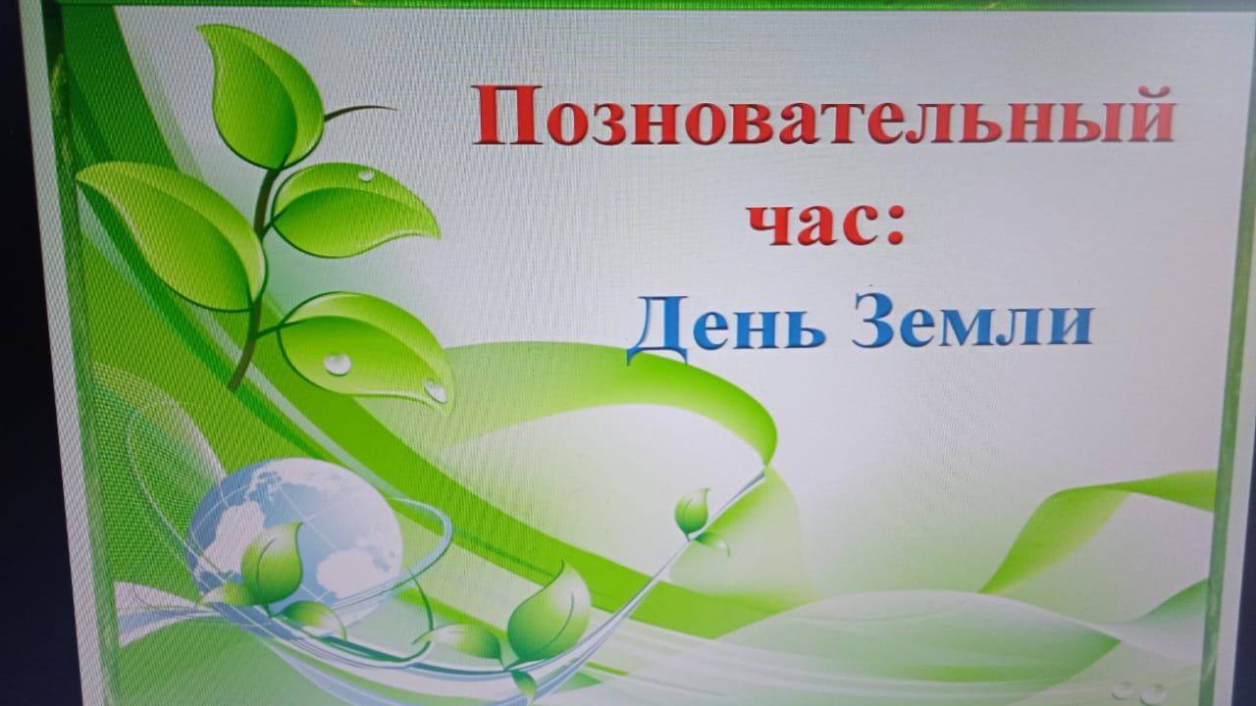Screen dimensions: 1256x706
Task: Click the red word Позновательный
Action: [822, 116]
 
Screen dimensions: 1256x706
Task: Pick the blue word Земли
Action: [972, 323]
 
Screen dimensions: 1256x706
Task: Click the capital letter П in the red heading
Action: [508, 116]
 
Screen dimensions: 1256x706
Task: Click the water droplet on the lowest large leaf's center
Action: [338, 364]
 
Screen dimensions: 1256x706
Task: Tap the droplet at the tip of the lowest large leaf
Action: [436, 391]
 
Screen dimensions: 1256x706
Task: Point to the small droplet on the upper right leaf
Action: [366, 176]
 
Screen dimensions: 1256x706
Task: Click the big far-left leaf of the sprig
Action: [168, 235]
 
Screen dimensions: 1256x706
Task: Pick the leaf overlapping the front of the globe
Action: [273, 563]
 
